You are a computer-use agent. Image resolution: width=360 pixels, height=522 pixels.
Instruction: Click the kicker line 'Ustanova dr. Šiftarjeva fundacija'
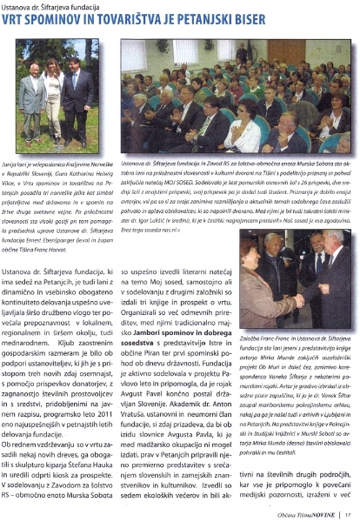tap(52, 8)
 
